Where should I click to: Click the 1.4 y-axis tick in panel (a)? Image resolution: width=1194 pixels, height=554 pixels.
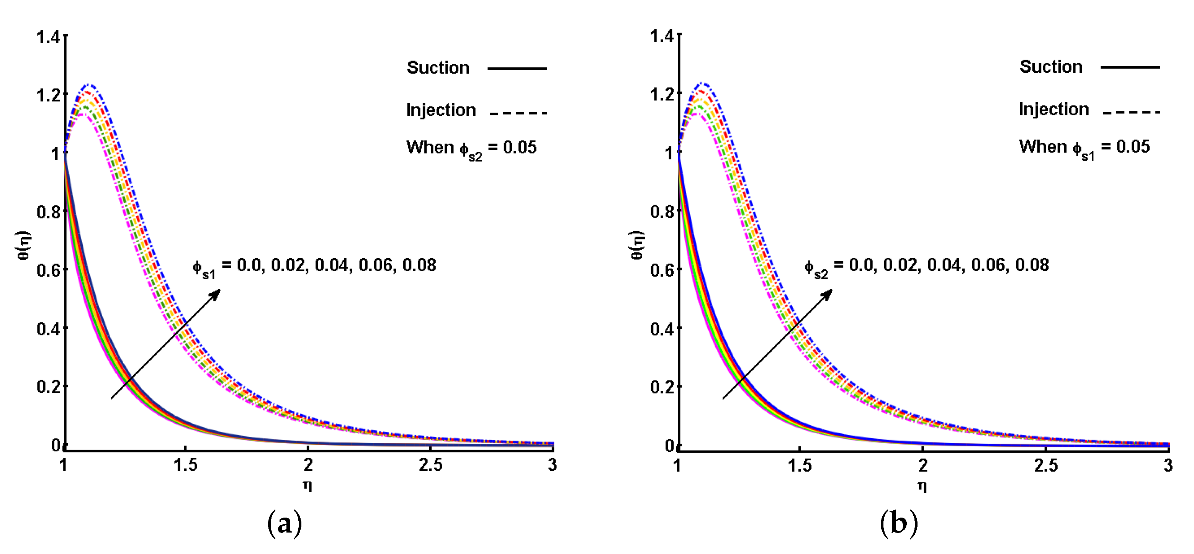tap(48, 37)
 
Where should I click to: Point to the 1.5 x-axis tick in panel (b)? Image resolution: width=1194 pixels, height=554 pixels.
tap(800, 465)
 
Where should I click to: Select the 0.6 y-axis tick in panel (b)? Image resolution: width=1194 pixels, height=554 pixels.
tap(661, 270)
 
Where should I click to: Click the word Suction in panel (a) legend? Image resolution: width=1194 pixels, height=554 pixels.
tap(438, 68)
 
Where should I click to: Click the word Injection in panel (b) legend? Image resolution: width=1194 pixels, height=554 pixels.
tap(1053, 110)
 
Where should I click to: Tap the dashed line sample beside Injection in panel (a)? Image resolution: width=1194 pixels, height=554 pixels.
tap(518, 113)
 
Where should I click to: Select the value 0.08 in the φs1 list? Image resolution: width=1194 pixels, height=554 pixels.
tap(419, 265)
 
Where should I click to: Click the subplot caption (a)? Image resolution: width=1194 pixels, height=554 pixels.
tap(285, 523)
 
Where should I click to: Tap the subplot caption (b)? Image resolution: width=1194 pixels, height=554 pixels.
tap(898, 523)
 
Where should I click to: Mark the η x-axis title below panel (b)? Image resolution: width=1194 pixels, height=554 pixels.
tap(922, 486)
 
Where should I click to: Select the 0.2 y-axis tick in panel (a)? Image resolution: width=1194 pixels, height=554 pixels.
tap(48, 386)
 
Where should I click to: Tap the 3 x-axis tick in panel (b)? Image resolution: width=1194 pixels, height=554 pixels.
tap(1168, 465)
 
